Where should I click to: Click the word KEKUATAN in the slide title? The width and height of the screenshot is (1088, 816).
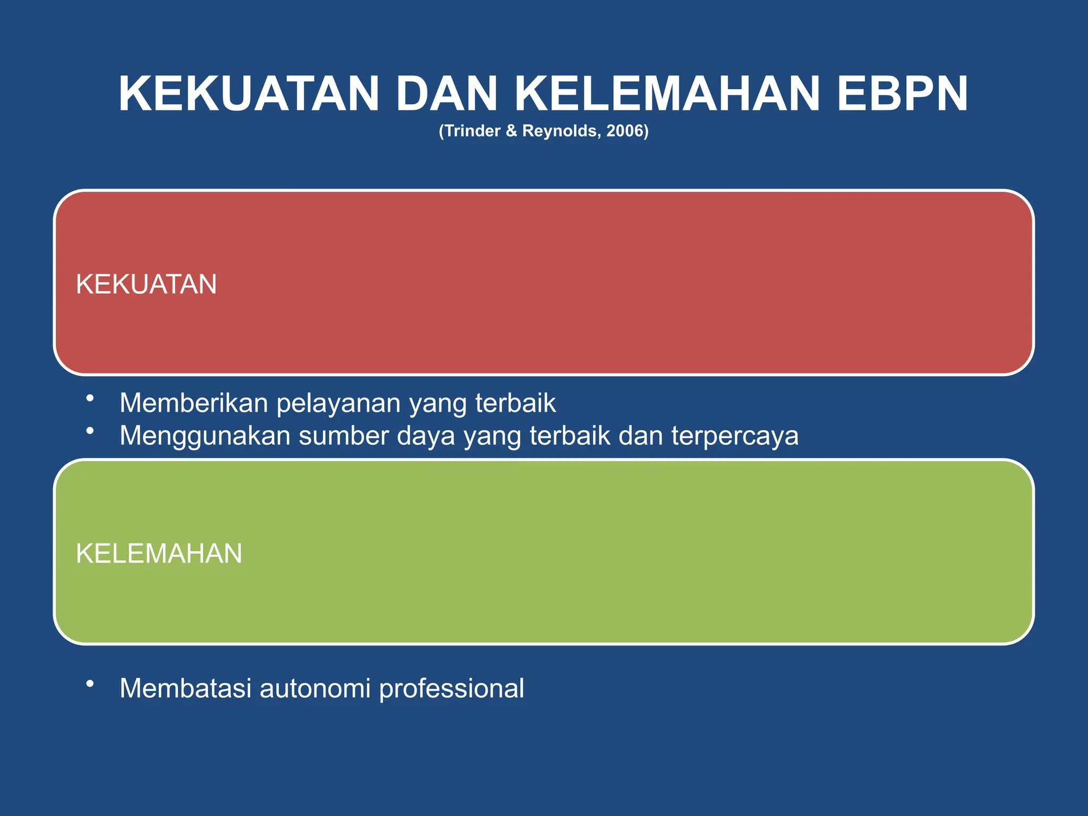point(249,94)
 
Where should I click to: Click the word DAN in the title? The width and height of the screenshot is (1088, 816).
point(446,94)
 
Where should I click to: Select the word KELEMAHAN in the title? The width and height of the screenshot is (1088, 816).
point(667,94)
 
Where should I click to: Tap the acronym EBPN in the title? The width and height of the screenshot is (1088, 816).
point(903,94)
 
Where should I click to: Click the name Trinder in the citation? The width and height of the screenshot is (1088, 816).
point(472,131)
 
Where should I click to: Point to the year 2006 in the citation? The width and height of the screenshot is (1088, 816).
point(625,131)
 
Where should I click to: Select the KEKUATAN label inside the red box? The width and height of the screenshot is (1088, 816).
point(146,284)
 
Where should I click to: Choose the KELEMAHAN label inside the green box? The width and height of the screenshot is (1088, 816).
point(159,554)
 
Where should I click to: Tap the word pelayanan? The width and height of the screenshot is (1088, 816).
point(338,403)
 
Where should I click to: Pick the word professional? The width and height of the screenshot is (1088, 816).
point(451,688)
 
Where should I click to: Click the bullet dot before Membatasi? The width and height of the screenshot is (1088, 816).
point(90,683)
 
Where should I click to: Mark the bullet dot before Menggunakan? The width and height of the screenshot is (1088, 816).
point(90,430)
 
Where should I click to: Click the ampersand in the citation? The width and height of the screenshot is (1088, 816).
point(511,131)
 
